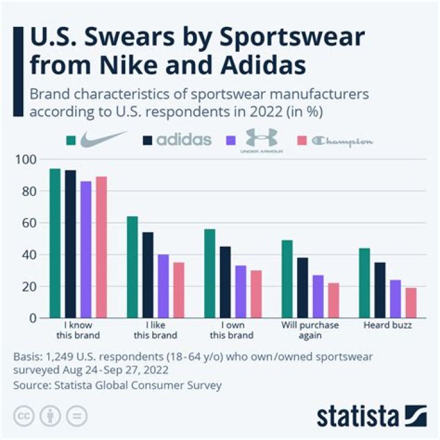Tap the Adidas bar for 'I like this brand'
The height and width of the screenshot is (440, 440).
[148, 275]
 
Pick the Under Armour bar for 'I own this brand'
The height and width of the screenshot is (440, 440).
[241, 291]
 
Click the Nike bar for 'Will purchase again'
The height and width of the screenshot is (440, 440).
[287, 279]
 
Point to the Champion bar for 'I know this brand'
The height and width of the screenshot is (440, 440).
[101, 247]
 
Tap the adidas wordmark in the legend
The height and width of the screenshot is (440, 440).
[183, 140]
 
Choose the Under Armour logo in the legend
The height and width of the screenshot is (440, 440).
[262, 141]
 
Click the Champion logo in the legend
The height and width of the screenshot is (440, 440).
[342, 141]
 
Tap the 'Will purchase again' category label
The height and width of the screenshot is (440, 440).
[309, 330]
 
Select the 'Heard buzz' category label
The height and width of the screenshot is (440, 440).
[387, 326]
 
